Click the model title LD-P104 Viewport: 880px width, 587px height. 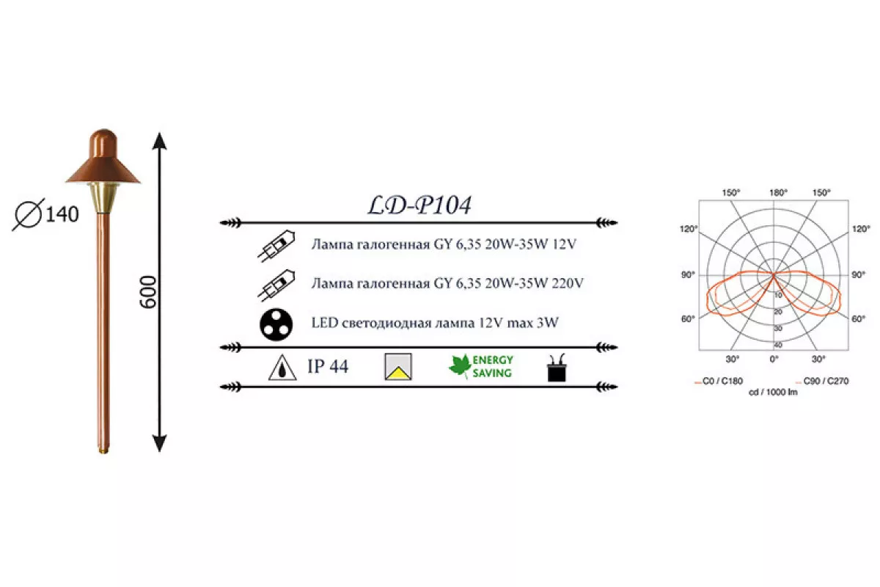click(419, 205)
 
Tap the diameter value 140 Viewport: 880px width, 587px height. click(62, 214)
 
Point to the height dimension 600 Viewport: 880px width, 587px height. click(148, 292)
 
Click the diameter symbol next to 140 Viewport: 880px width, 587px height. click(29, 215)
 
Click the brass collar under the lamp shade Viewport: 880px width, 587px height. click(103, 198)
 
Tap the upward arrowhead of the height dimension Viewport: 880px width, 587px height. click(159, 141)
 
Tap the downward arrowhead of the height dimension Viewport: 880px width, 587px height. click(159, 443)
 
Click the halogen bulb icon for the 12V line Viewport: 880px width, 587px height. click(276, 246)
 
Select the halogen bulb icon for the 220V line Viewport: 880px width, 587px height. click(276, 285)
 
